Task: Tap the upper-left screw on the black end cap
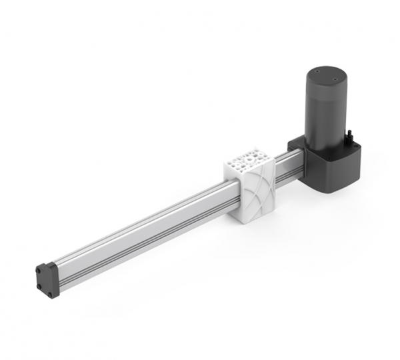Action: point(39,267)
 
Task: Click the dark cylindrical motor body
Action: point(327,107)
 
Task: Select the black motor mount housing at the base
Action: point(333,167)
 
